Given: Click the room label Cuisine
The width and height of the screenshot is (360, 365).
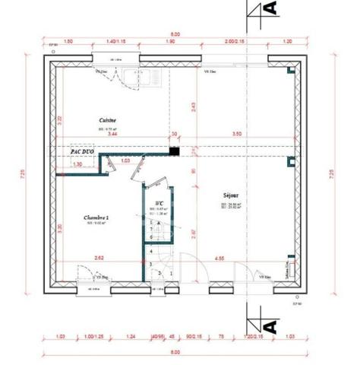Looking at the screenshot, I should (106, 120).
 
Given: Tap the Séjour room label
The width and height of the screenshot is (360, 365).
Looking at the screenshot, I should (231, 194).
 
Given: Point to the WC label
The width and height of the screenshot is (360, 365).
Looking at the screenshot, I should (159, 203).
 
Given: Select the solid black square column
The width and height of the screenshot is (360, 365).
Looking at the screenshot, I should (175, 151).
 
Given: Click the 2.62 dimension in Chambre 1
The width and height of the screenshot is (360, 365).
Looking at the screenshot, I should (98, 259).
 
